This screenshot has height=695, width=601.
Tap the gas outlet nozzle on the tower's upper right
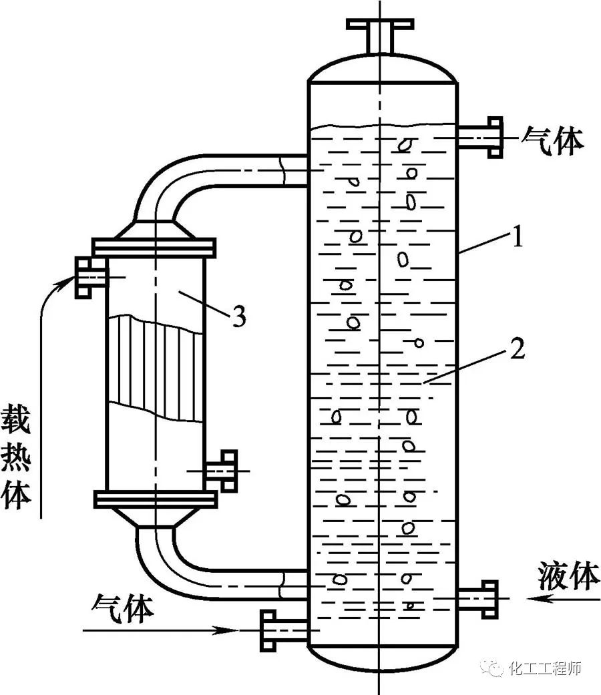pos(481,137)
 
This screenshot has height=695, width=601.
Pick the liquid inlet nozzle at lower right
pos(479,598)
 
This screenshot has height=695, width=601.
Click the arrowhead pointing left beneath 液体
pos(535,599)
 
